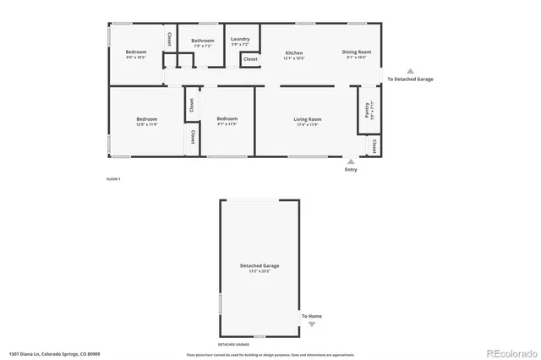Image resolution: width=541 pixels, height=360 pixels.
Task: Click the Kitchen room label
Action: click(294, 52)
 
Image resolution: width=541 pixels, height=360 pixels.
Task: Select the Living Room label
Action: click(308, 119)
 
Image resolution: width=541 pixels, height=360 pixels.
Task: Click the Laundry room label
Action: click(240, 39)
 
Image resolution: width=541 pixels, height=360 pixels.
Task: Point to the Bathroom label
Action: click(203, 41)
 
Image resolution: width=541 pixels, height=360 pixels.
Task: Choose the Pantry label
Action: click(368, 107)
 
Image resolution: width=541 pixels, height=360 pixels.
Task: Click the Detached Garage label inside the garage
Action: click(260, 265)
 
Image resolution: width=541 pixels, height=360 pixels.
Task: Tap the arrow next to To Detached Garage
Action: click(411, 71)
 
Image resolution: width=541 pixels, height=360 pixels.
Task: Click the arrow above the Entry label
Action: click(351, 161)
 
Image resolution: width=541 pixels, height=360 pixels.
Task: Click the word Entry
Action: click(351, 170)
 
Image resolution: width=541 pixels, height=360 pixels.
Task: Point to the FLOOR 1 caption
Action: click(113, 179)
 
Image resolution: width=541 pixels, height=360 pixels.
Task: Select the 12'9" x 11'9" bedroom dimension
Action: click(147, 124)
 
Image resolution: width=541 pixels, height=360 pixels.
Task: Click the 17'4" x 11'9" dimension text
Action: click(308, 124)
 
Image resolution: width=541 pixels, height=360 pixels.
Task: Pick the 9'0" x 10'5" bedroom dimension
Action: click(136, 57)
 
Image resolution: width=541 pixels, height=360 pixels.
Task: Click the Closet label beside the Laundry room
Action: click(251, 59)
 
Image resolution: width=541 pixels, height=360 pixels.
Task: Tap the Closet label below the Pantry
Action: click(374, 147)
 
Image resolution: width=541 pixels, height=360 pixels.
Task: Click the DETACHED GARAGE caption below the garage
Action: click(233, 345)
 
